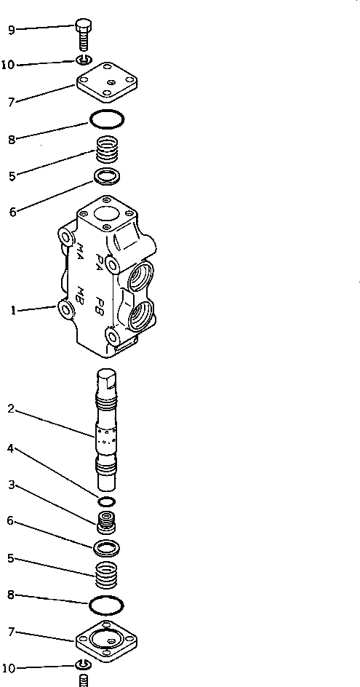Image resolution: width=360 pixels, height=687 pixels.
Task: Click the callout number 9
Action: pos(11,30)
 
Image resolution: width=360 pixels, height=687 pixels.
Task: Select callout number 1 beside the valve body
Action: pos(13,311)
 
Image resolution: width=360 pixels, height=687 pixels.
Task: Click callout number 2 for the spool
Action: pos(11,409)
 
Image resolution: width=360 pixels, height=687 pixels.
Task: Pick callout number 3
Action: pos(11,483)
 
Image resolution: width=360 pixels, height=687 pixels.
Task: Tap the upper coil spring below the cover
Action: pos(107,153)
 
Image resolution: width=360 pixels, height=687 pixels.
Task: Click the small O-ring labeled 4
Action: pos(107,502)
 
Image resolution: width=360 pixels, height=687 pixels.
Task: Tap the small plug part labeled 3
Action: pos(108,523)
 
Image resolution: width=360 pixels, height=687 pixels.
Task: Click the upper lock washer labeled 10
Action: pos(83,60)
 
